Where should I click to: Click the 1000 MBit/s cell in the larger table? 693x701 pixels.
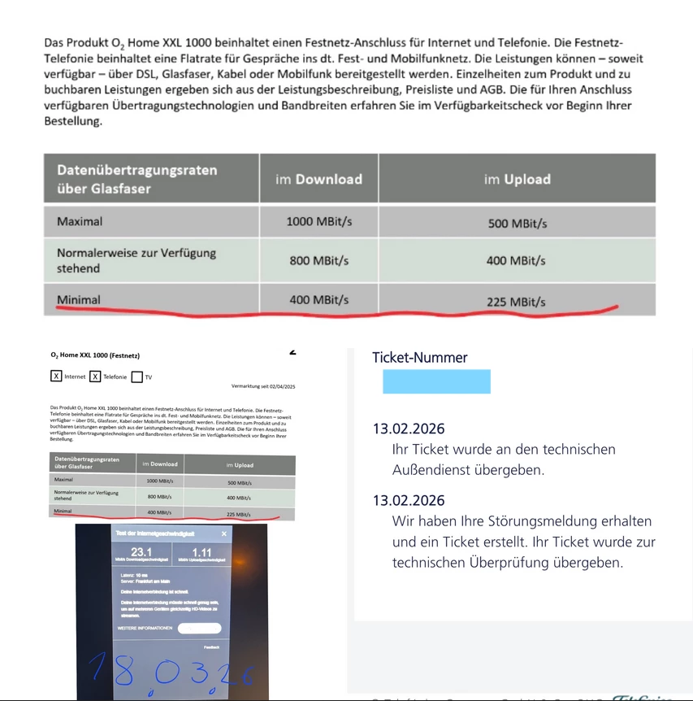pyautogui.click(x=318, y=221)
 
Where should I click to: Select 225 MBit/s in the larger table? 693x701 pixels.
pyautogui.click(x=516, y=303)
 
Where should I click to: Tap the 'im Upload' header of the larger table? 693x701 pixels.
pyautogui.click(x=517, y=179)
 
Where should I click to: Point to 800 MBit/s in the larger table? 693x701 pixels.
pyautogui.click(x=318, y=261)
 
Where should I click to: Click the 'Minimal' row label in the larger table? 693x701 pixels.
pyautogui.click(x=79, y=300)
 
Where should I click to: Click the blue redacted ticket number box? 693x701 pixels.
pyautogui.click(x=436, y=381)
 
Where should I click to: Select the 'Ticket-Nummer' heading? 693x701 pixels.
pyautogui.click(x=419, y=357)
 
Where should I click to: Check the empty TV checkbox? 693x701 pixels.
pyautogui.click(x=136, y=377)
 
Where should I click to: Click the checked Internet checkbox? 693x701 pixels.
pyautogui.click(x=56, y=377)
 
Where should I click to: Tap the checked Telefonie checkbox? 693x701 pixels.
pyautogui.click(x=95, y=377)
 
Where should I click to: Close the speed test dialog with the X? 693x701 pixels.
pyautogui.click(x=224, y=533)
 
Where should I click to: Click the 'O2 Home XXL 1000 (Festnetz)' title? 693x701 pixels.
pyautogui.click(x=95, y=355)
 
